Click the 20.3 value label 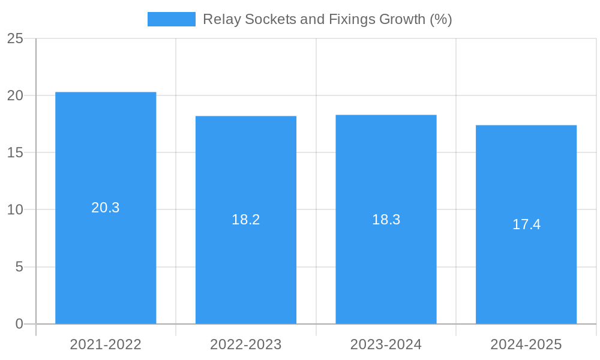tap(106, 208)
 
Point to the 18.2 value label tap(246, 220)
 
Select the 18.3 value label tap(386, 220)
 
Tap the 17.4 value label tap(526, 224)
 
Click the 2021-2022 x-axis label tap(106, 344)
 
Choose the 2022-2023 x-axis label tap(246, 344)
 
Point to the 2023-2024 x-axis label tap(386, 344)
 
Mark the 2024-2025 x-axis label tap(526, 344)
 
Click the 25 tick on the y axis tap(15, 38)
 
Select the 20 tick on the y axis tap(15, 95)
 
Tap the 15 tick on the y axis tap(15, 152)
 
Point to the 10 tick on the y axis tap(15, 209)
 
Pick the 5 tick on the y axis tap(19, 266)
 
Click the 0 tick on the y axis tap(19, 324)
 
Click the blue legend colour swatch tap(172, 19)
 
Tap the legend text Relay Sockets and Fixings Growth tap(327, 19)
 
